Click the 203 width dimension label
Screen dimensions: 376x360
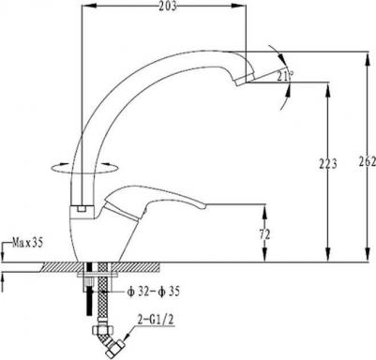click(167, 7)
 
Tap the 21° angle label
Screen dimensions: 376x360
click(285, 76)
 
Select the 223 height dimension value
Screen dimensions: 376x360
click(327, 163)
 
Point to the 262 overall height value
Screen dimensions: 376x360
click(368, 161)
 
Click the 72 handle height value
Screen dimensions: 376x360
click(264, 233)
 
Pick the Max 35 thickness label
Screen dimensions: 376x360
click(27, 243)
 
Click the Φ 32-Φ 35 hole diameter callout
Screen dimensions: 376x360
click(153, 292)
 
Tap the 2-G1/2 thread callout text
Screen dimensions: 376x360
click(155, 320)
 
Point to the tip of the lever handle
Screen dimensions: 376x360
click(203, 206)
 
